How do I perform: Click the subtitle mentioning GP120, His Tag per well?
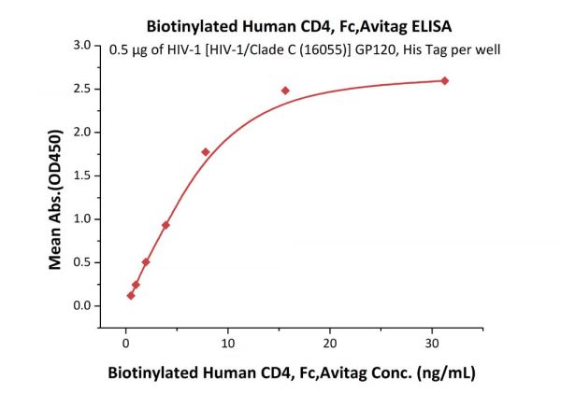pos(306,49)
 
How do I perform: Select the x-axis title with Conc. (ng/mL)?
pos(291,372)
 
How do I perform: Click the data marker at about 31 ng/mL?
pos(444,80)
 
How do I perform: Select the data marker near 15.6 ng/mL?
pos(285,91)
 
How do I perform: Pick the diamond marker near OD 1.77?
pos(206,152)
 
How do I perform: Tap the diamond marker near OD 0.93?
pos(165,225)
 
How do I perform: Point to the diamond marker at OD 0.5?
pos(146,262)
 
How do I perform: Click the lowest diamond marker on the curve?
pos(131,296)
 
